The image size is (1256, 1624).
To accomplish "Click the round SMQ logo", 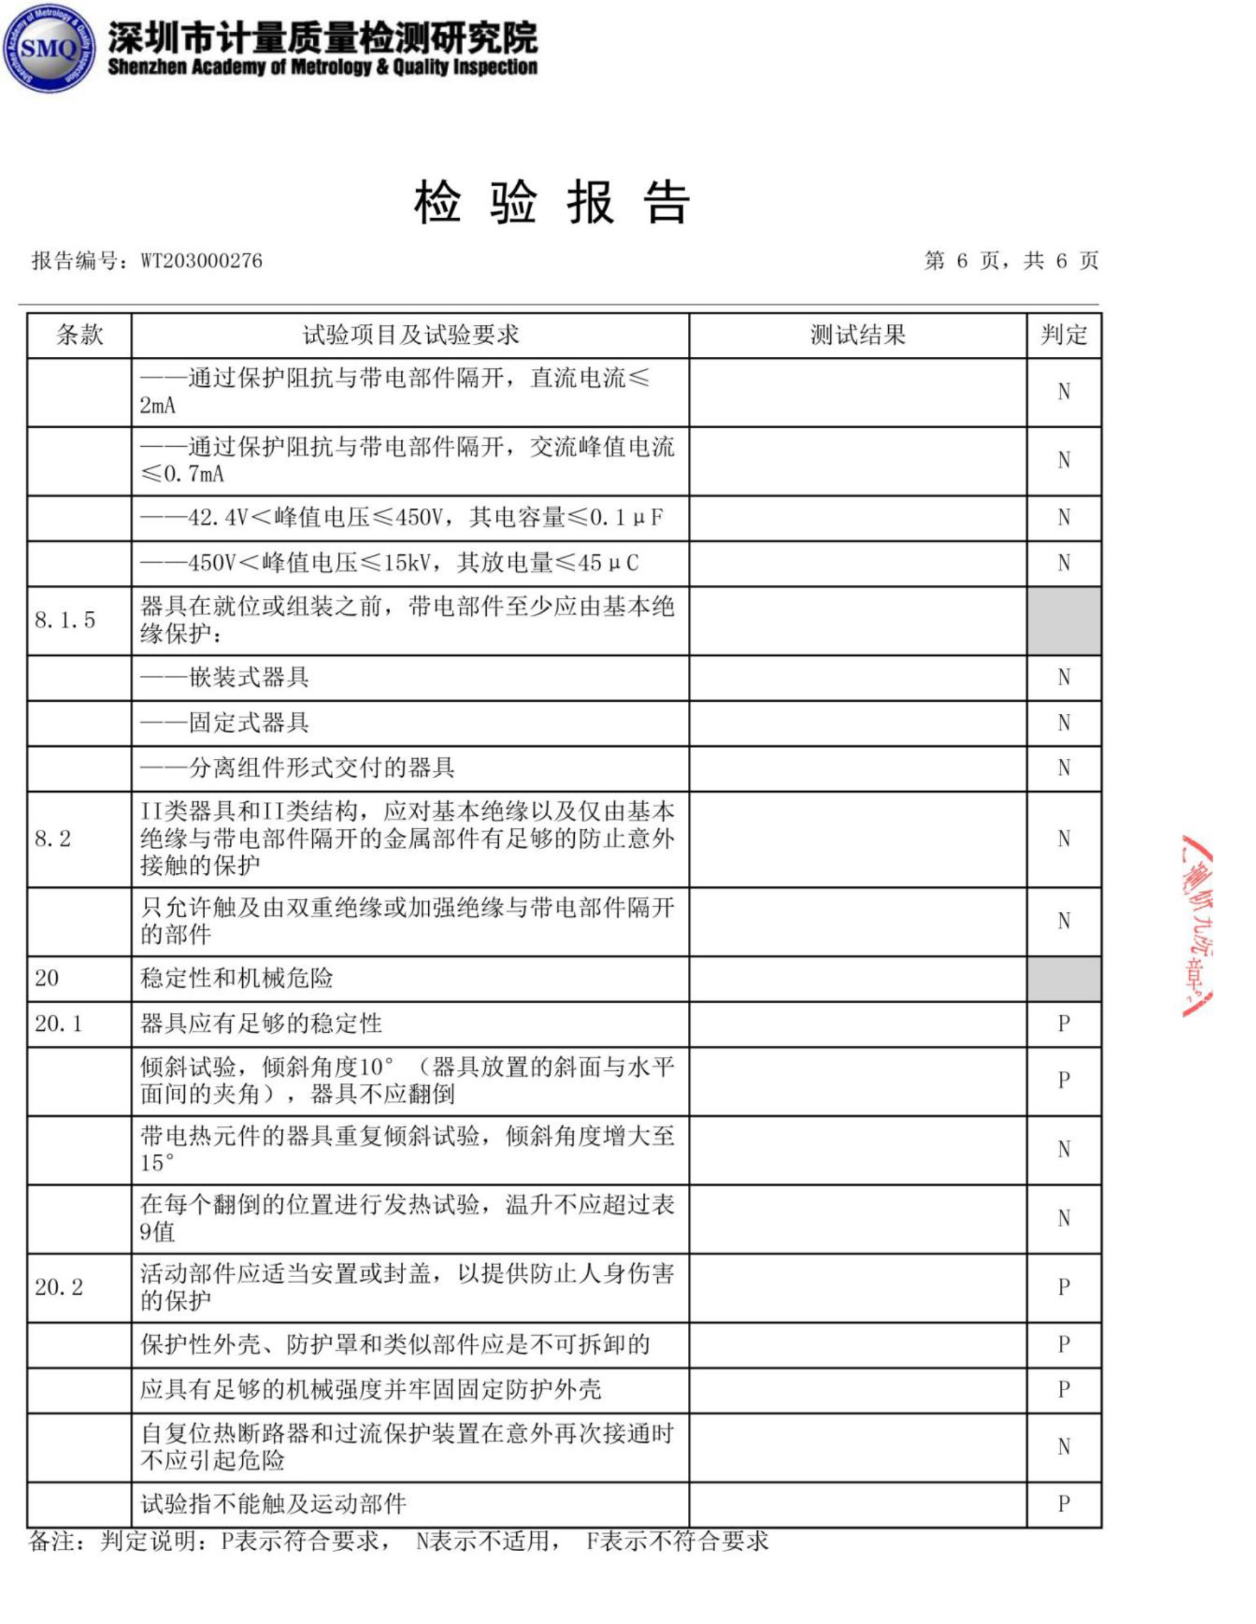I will click(49, 48).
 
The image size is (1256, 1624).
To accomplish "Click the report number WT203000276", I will click(201, 261).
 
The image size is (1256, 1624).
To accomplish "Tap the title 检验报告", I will click(552, 202).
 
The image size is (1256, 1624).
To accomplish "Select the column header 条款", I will click(79, 335).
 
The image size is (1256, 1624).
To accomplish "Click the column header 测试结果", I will click(858, 335).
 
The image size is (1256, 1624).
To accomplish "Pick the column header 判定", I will click(1063, 335).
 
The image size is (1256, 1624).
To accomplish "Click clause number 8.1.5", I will click(65, 620).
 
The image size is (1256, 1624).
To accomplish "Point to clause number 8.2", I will click(53, 839).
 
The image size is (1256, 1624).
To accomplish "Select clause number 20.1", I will click(58, 1023).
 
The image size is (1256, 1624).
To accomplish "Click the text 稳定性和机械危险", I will click(236, 978).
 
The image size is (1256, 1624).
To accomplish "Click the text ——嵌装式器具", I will click(224, 677).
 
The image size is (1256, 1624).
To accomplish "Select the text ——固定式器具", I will click(224, 723).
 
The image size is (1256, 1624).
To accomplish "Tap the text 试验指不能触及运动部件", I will click(274, 1504).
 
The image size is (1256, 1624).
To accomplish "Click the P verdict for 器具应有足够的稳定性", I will click(1063, 1024).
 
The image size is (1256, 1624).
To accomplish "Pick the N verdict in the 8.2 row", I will click(1063, 839).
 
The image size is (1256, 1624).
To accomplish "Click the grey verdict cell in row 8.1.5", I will click(1063, 620).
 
